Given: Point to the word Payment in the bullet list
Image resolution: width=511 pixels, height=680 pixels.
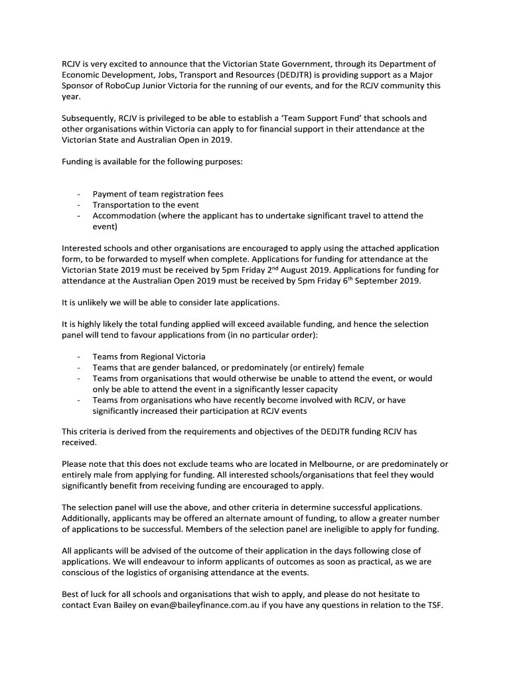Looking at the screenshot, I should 109,194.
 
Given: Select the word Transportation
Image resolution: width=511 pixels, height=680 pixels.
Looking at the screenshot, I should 121,205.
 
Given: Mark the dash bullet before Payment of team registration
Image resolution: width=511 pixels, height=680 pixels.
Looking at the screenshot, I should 78,195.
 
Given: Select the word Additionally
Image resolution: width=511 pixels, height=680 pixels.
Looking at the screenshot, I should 88,518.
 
